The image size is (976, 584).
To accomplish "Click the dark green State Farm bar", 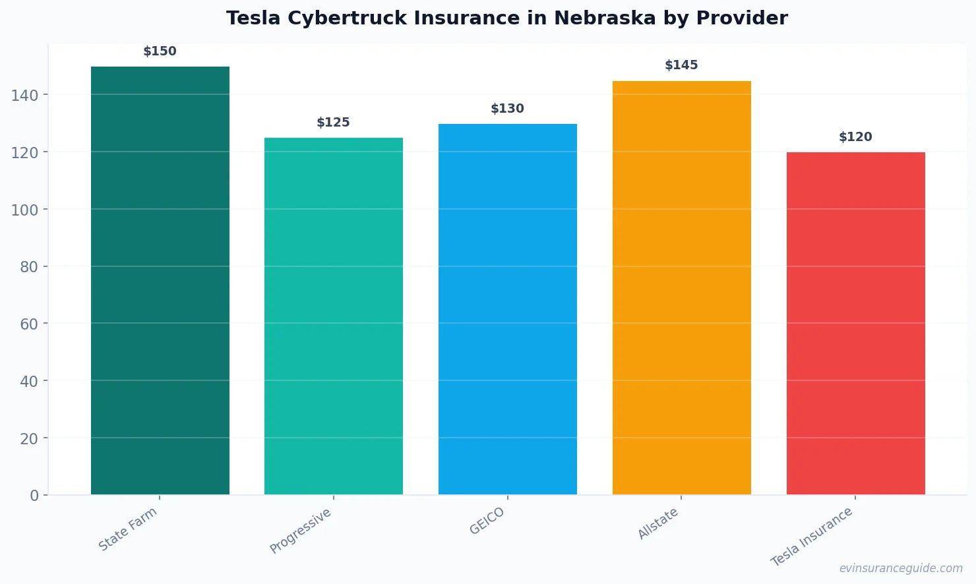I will click(x=160, y=280).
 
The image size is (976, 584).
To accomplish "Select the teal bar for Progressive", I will click(x=334, y=316).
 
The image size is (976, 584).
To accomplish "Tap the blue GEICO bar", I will click(x=508, y=309).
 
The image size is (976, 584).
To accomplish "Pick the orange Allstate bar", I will click(x=681, y=287).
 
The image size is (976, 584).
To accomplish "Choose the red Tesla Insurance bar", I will click(x=855, y=323).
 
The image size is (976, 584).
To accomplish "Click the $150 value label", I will click(x=160, y=51).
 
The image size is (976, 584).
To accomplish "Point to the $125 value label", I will click(x=333, y=123).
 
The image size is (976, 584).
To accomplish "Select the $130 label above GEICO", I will click(x=507, y=109).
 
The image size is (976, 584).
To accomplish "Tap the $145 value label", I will click(x=681, y=65).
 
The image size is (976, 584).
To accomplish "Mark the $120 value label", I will click(x=855, y=137).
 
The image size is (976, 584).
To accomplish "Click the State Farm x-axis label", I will click(x=128, y=529).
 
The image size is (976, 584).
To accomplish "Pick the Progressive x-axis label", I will click(x=301, y=531).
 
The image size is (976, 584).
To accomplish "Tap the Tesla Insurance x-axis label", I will click(x=812, y=537).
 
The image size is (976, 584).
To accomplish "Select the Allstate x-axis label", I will click(x=658, y=524).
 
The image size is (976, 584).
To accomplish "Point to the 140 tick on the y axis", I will click(x=25, y=96).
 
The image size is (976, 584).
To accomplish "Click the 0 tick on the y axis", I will click(x=34, y=496).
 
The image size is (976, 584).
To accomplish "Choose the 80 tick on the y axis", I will click(x=29, y=267).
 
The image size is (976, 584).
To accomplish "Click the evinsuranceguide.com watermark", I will click(x=901, y=568).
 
